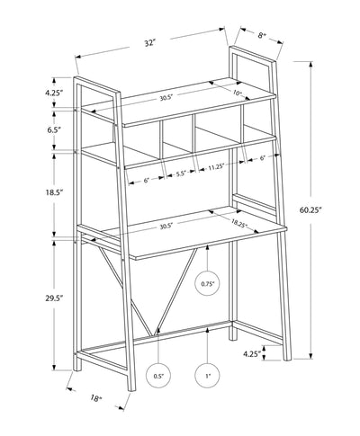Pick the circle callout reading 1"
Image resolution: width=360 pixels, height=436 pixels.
click(208, 376)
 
